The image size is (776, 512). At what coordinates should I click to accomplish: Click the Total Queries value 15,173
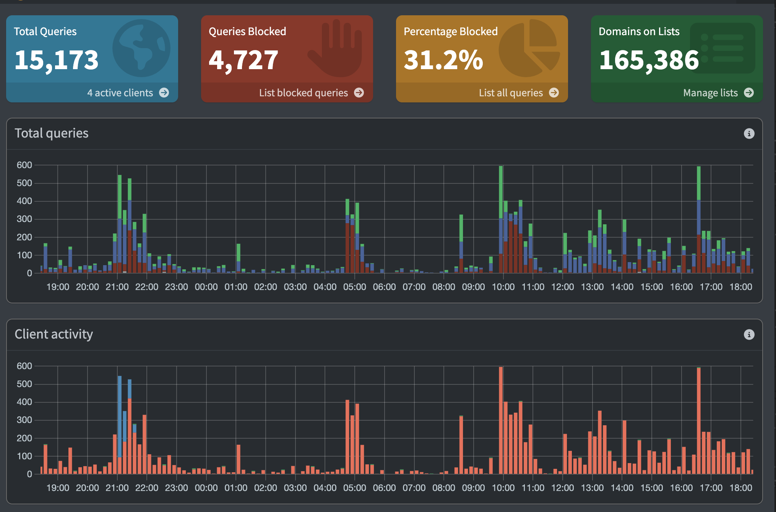tap(56, 60)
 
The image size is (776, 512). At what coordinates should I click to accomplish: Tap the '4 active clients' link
tap(120, 93)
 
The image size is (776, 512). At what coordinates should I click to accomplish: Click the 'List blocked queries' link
tap(303, 93)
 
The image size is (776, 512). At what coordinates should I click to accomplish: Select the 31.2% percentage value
tap(443, 60)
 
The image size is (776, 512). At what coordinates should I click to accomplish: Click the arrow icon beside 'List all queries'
tap(554, 92)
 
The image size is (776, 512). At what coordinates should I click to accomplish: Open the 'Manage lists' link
tap(710, 93)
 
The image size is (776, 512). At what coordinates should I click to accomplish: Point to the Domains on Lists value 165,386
tap(649, 60)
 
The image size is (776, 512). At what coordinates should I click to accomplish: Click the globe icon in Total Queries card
tap(141, 48)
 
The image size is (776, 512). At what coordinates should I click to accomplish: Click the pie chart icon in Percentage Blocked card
tap(529, 48)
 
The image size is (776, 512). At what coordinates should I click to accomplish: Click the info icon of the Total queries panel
tap(749, 133)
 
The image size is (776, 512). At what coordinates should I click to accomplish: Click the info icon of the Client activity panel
tap(749, 334)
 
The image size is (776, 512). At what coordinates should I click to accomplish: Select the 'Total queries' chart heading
tap(52, 133)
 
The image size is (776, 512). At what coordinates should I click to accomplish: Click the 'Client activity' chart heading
tap(54, 334)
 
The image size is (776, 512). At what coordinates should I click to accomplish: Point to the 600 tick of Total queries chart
tap(24, 165)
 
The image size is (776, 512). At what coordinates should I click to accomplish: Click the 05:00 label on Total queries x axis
tap(354, 287)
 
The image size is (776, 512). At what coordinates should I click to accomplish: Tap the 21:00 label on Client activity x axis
tap(117, 488)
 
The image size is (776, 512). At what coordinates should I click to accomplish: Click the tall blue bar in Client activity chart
tap(120, 416)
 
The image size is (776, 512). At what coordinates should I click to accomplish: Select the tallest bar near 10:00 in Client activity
tap(501, 420)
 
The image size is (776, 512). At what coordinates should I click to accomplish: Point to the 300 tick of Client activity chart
tap(24, 420)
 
